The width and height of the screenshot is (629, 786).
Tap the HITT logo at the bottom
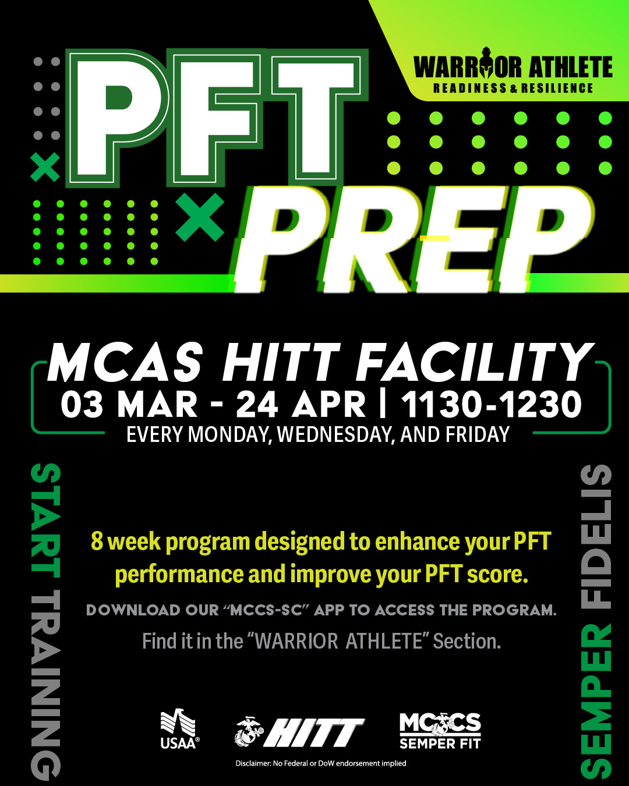click(x=300, y=732)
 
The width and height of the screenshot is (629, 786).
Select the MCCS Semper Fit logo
click(x=440, y=731)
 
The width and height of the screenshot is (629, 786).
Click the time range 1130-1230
click(x=491, y=404)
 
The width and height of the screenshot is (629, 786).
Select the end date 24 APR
click(x=301, y=404)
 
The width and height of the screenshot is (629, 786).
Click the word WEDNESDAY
click(x=334, y=435)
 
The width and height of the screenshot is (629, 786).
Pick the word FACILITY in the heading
click(x=475, y=363)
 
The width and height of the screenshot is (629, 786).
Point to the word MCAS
click(x=126, y=363)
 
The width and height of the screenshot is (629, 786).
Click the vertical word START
click(x=45, y=520)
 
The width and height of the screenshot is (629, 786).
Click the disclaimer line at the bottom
click(x=321, y=763)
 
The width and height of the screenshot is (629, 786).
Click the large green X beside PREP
click(x=200, y=217)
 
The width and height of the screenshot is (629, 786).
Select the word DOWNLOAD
click(x=133, y=610)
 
